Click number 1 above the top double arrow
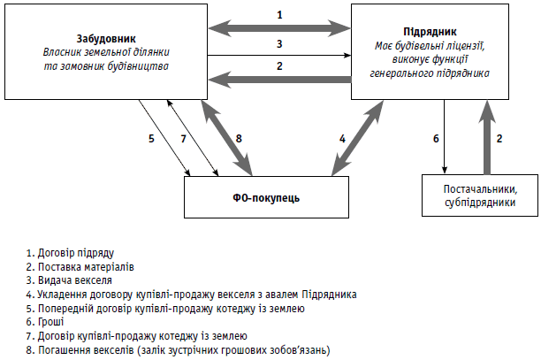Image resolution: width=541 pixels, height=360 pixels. (x=280, y=14)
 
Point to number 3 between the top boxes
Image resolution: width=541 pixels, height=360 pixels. (x=279, y=42)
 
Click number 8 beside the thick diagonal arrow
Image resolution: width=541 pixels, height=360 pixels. (x=239, y=138)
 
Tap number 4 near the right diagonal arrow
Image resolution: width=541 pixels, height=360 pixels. (x=342, y=138)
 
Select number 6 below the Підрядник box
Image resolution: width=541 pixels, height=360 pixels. (x=435, y=138)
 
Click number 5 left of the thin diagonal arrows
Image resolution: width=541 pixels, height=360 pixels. (x=151, y=138)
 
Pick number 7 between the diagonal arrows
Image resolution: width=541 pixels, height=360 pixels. (x=183, y=138)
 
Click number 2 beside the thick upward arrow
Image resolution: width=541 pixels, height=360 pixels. (x=499, y=138)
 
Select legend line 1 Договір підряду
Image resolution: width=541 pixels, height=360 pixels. (x=71, y=253)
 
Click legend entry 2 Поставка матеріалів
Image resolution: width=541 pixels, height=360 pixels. (x=81, y=267)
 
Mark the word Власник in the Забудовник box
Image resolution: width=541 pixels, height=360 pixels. (x=64, y=53)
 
